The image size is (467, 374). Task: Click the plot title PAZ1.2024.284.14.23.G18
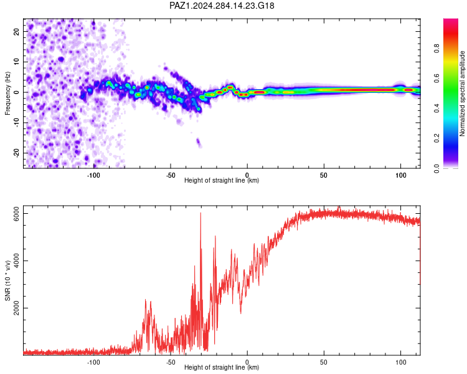(x=222, y=6)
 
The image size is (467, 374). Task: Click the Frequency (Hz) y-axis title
(x=7, y=93)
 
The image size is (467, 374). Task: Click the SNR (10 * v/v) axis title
(x=7, y=280)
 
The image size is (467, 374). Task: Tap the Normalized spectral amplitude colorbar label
(x=462, y=93)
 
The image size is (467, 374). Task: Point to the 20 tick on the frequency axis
(x=17, y=31)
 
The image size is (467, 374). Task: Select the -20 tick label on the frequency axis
(x=17, y=153)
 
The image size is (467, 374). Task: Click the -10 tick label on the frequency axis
(x=17, y=122)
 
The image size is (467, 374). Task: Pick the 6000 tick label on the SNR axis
(x=17, y=214)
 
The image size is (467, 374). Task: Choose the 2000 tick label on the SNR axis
(x=17, y=308)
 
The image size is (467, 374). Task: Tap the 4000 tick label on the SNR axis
(x=17, y=261)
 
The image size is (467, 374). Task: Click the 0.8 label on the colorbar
(x=436, y=48)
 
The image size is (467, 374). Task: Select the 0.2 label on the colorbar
(x=436, y=138)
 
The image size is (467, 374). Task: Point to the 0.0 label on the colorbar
(x=436, y=168)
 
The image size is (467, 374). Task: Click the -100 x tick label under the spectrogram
(x=93, y=175)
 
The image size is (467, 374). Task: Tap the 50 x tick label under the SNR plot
(x=324, y=362)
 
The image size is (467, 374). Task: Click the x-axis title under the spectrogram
(x=222, y=180)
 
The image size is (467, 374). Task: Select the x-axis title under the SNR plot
(x=222, y=367)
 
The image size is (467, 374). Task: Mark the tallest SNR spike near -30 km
(x=200, y=213)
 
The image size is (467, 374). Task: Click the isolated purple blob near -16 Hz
(x=199, y=143)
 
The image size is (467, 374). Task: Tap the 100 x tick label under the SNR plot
(x=401, y=362)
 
